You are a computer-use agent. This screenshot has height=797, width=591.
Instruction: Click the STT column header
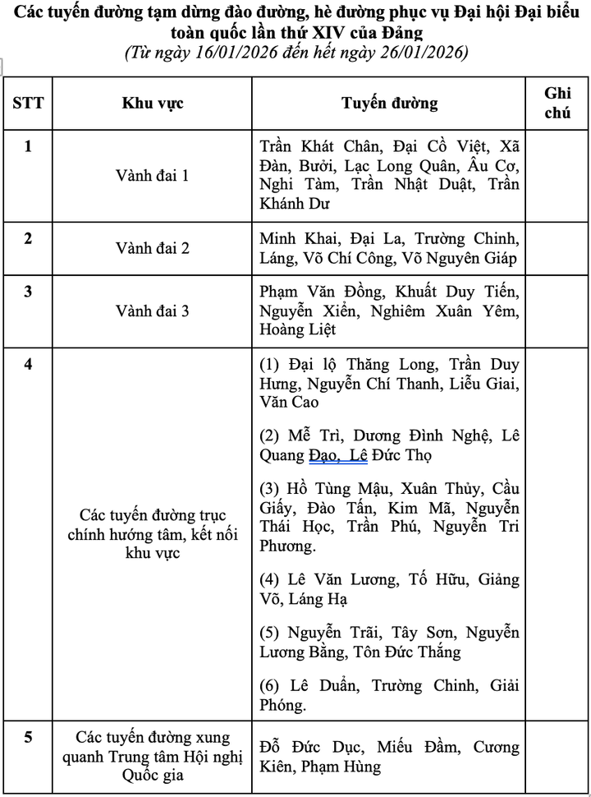[x=28, y=103]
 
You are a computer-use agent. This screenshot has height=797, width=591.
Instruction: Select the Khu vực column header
[x=153, y=103]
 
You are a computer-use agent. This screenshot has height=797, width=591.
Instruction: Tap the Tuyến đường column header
[x=389, y=103]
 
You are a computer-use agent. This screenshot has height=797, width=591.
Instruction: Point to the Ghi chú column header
[x=557, y=103]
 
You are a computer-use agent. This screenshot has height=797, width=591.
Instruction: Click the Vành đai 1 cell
[x=153, y=175]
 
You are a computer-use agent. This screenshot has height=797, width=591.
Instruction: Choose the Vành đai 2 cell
[x=153, y=247]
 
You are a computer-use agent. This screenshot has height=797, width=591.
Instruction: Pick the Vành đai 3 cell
[x=153, y=311]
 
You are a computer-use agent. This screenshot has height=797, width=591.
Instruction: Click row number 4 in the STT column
[x=28, y=363]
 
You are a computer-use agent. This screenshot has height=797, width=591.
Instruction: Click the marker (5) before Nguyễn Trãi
[x=269, y=633]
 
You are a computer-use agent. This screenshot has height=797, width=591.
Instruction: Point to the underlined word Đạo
[x=325, y=454]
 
